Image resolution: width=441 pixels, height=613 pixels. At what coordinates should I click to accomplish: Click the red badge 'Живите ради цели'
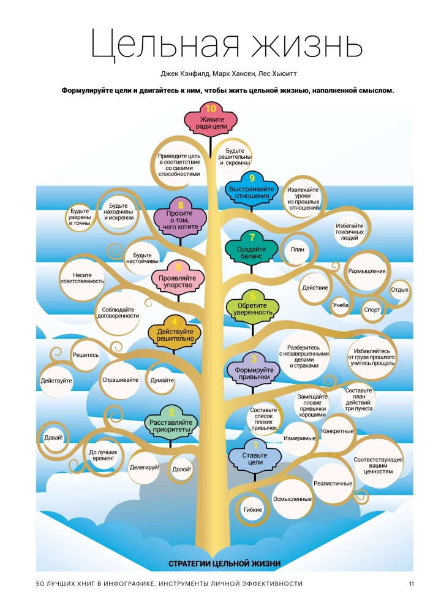(210, 122)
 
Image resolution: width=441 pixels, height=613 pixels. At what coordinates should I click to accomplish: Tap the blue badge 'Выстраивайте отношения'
(252, 192)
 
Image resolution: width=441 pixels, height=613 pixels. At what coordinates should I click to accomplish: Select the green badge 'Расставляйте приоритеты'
(171, 425)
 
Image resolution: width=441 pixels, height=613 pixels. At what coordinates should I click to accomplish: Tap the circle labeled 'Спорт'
(372, 310)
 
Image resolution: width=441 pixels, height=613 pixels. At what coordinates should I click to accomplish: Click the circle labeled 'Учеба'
(341, 305)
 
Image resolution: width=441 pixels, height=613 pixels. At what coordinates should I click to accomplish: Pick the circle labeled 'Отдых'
(400, 289)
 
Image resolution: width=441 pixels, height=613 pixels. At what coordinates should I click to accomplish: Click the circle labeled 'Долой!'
(182, 469)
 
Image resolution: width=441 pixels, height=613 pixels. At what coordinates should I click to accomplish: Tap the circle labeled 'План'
(298, 249)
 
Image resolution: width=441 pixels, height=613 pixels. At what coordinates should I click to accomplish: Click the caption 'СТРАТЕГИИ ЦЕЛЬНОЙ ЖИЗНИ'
(224, 563)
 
